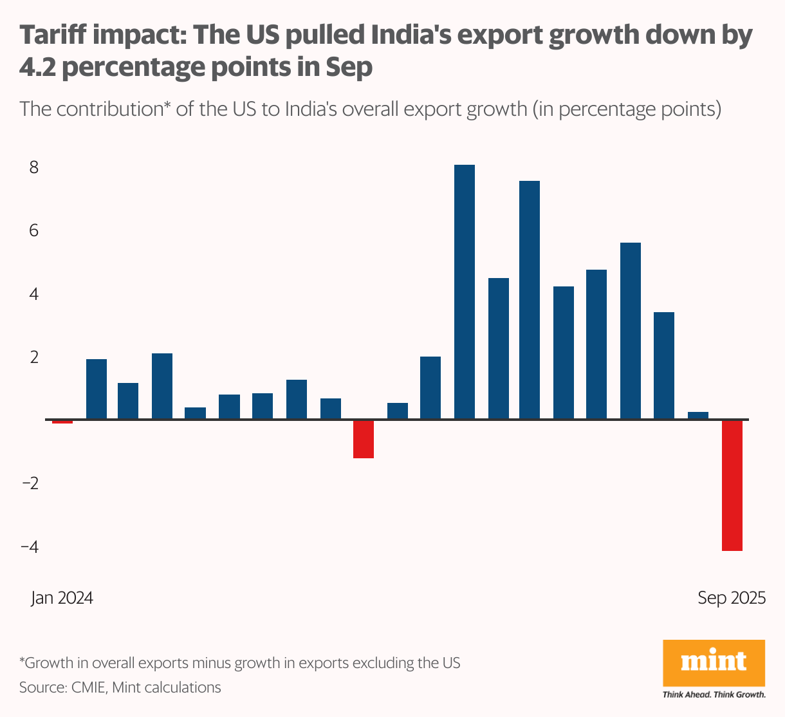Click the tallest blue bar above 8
[465, 292]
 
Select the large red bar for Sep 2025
[732, 485]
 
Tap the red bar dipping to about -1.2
[364, 439]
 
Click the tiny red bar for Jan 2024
[62, 422]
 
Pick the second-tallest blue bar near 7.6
[530, 300]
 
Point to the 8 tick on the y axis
[34, 167]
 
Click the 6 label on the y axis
[34, 230]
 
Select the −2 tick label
[30, 483]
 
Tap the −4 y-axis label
[30, 546]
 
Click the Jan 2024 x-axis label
[62, 598]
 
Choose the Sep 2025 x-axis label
[732, 598]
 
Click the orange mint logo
[714, 663]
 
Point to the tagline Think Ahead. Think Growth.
[714, 694]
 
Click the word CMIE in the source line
[88, 687]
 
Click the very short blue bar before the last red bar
[698, 416]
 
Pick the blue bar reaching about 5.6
[631, 331]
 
